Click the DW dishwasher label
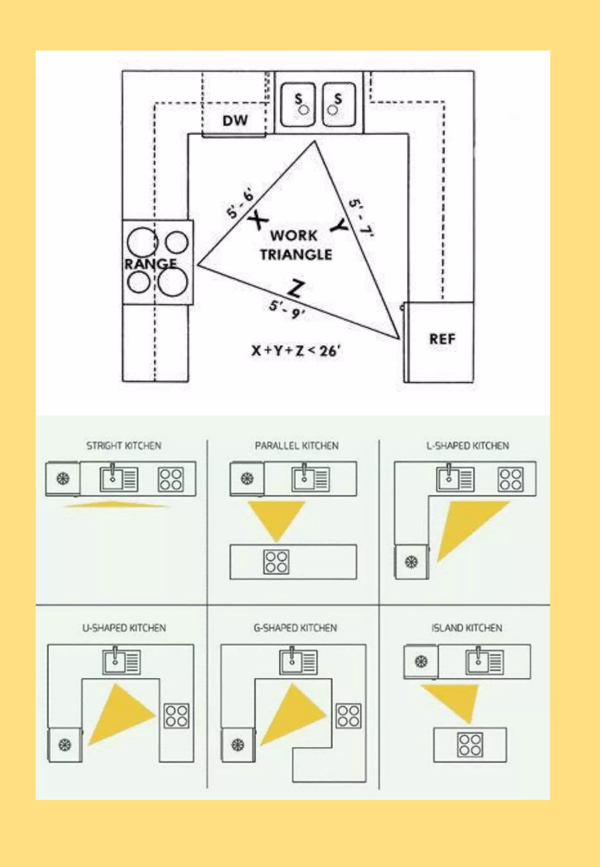pyautogui.click(x=235, y=121)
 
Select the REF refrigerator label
pyautogui.click(x=442, y=339)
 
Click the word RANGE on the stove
pyautogui.click(x=150, y=264)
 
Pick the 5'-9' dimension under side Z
pyautogui.click(x=287, y=309)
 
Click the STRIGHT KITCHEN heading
pyautogui.click(x=124, y=446)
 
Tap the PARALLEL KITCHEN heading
pyautogui.click(x=296, y=446)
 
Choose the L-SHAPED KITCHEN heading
pyautogui.click(x=467, y=446)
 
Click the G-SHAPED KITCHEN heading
pyautogui.click(x=295, y=628)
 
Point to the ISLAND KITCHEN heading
pyautogui.click(x=466, y=628)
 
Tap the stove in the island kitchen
pyautogui.click(x=470, y=745)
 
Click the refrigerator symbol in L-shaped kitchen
pyautogui.click(x=411, y=562)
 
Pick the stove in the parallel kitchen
pyautogui.click(x=276, y=562)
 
